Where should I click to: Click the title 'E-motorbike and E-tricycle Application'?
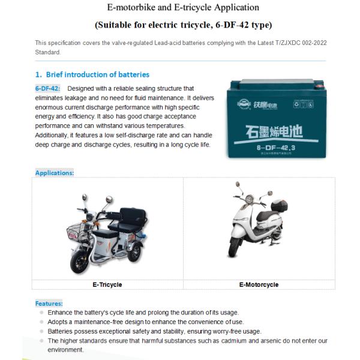click(183, 8)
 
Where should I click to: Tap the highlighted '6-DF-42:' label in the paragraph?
click(47, 89)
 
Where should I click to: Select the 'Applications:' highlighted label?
click(54, 173)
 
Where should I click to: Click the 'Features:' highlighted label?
click(49, 304)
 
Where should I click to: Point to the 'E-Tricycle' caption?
click(107, 284)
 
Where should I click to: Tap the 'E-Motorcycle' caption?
click(259, 284)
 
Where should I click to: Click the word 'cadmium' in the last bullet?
click(224, 341)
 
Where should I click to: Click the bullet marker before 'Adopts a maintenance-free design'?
click(41, 322)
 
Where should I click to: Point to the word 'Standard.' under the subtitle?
click(48, 52)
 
